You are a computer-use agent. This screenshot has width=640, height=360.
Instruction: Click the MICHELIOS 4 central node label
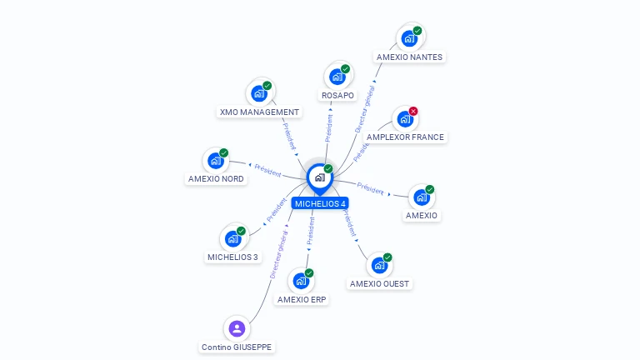[320, 203]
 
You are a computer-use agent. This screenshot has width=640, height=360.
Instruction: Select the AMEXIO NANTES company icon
[408, 38]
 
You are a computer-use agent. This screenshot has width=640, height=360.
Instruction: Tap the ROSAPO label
[337, 96]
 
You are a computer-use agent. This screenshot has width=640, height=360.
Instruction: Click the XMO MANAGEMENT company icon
[259, 93]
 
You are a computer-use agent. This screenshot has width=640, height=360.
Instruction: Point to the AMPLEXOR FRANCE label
[406, 137]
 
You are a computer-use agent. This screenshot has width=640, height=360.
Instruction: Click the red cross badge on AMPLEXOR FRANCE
[413, 111]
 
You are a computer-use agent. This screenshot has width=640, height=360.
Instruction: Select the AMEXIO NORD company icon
[216, 160]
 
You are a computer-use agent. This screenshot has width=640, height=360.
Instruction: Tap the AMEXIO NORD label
[216, 178]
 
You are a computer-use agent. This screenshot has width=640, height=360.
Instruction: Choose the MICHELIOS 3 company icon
[233, 238]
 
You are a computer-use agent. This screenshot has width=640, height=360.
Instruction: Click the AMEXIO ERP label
[302, 300]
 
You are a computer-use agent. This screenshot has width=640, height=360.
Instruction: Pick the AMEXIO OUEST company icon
[379, 265]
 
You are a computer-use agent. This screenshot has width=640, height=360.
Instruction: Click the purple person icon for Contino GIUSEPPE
[237, 328]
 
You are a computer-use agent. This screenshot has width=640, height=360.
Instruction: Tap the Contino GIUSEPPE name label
[237, 347]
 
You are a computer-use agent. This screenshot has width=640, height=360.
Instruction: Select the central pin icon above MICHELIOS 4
[319, 177]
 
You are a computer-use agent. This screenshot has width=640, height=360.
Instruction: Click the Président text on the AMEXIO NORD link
[267, 169]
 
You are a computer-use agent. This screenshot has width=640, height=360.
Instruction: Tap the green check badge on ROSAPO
[345, 69]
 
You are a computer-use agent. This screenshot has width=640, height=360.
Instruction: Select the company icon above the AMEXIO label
[422, 197]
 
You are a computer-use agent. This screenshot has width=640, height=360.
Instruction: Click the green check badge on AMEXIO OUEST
[387, 257]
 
